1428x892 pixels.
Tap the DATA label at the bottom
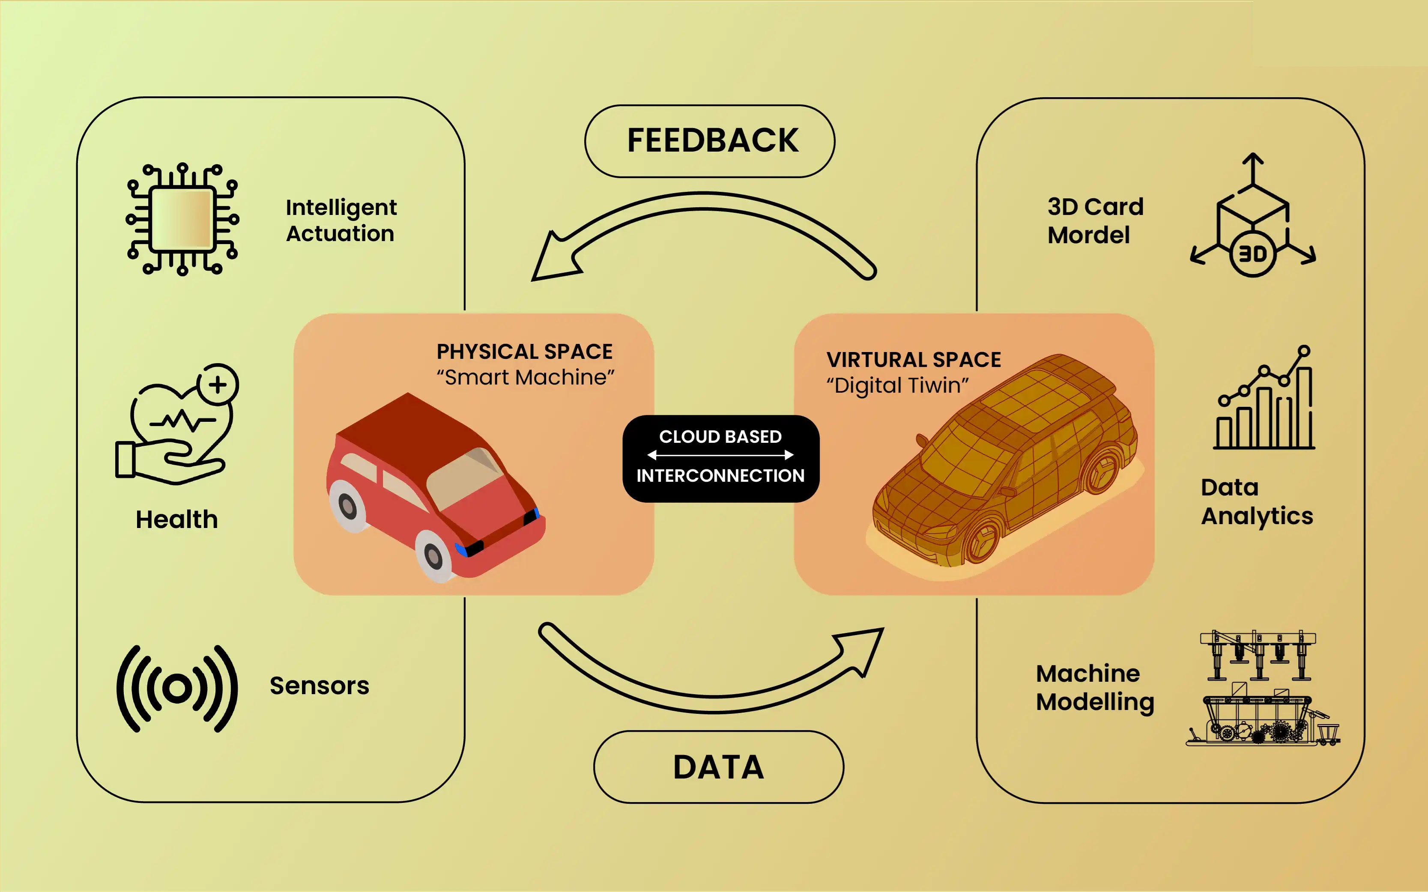coord(718,767)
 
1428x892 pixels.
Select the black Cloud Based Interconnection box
coord(720,458)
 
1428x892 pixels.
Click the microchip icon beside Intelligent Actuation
coord(182,219)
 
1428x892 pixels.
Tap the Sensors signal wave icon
coord(177,688)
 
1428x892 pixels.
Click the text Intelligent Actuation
coord(341,220)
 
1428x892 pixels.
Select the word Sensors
coord(319,686)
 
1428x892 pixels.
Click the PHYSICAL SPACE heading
coord(524,352)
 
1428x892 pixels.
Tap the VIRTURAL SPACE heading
coord(913,359)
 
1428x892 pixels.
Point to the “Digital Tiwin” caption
coord(897,385)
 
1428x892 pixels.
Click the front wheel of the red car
coord(434,555)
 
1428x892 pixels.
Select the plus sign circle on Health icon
coord(218,385)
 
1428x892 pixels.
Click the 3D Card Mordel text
coord(1095,221)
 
